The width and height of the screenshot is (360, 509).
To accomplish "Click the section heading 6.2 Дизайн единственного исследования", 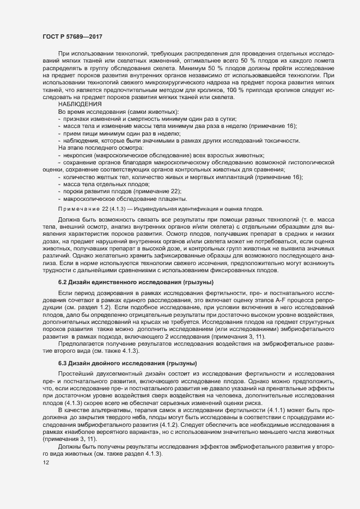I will [136, 283].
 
